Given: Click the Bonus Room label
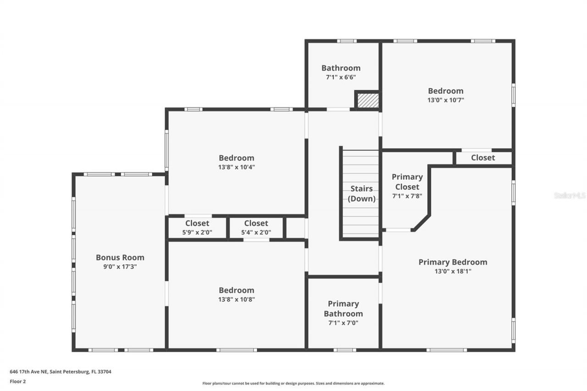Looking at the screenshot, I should pyautogui.click(x=120, y=258).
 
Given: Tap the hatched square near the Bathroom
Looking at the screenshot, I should pyautogui.click(x=368, y=100).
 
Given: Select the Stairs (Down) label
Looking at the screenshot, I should pyautogui.click(x=361, y=193).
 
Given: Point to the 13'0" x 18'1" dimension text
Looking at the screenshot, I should pyautogui.click(x=453, y=271).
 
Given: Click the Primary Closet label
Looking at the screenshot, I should pyautogui.click(x=407, y=182).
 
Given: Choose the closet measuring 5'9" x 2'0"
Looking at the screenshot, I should pyautogui.click(x=197, y=228).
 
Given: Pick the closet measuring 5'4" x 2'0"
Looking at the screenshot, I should pyautogui.click(x=256, y=228).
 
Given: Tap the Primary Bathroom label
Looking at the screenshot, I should pyautogui.click(x=343, y=308).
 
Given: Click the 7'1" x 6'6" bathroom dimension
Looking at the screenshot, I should pyautogui.click(x=341, y=77).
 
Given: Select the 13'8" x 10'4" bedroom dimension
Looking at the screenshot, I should pyautogui.click(x=236, y=167).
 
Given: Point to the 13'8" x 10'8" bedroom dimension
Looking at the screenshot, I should pyautogui.click(x=236, y=299).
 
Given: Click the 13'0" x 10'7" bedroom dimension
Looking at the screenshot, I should pyautogui.click(x=446, y=100).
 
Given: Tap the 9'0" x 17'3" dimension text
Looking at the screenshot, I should pyautogui.click(x=120, y=266).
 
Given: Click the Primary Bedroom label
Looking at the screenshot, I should pyautogui.click(x=453, y=262).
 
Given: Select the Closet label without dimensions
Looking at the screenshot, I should pyautogui.click(x=483, y=158).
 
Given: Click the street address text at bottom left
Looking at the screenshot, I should pyautogui.click(x=61, y=372).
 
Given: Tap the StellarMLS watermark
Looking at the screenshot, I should pyautogui.click(x=570, y=195).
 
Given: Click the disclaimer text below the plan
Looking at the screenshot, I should pyautogui.click(x=293, y=383).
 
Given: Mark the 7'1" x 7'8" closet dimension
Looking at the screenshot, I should pyautogui.click(x=407, y=196).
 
